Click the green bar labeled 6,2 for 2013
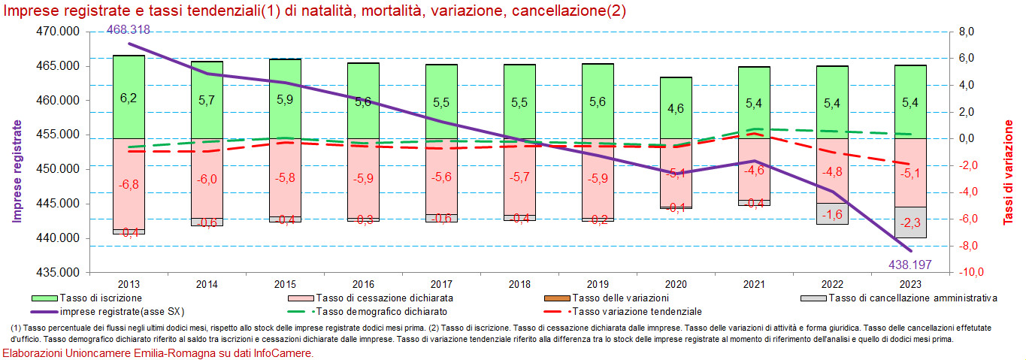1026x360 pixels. tap(129, 97)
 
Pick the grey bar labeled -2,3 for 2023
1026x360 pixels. tap(910, 222)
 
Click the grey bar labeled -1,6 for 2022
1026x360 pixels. tap(832, 213)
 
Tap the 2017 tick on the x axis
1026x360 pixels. tap(441, 284)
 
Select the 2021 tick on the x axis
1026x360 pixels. tap(754, 284)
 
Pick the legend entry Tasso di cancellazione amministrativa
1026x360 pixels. tap(913, 298)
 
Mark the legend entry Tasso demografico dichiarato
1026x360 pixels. tap(382, 311)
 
